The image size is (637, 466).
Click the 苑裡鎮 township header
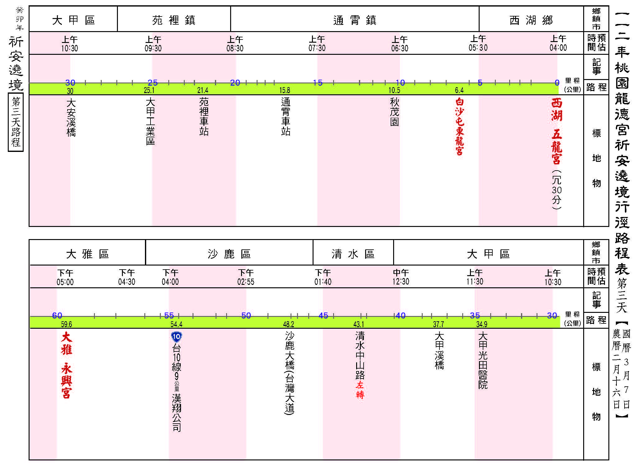174,20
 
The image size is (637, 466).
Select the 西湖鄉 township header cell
531,20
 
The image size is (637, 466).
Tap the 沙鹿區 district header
229,254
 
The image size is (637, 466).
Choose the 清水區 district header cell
353,254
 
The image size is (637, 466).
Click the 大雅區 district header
87,254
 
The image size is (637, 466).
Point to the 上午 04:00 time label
558,43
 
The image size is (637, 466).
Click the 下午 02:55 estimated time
246,277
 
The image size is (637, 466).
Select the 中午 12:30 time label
401,277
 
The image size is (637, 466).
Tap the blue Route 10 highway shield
176,337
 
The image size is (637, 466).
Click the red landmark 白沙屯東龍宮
459,126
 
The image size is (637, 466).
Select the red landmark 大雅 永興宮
67,365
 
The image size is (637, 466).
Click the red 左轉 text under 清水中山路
360,390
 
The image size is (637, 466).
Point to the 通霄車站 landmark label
286,117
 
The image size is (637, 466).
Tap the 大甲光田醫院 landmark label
483,360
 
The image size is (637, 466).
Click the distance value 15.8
285,90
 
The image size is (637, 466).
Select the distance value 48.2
289,324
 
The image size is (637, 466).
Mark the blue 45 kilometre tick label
323,315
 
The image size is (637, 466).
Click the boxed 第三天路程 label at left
16,122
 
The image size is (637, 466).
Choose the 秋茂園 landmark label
394,112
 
